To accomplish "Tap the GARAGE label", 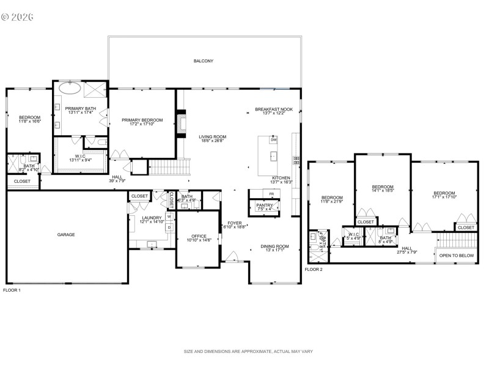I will click(x=66, y=234).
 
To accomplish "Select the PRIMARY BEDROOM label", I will click(x=142, y=120).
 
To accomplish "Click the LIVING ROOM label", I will click(x=212, y=137).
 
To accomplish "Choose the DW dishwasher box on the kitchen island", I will click(x=273, y=140).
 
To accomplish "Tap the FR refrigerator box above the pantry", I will click(x=271, y=194).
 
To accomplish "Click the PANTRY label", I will click(x=264, y=205).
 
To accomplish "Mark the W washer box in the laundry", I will click(x=169, y=216).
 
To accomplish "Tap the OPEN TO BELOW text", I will click(x=457, y=256).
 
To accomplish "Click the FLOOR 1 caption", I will click(x=12, y=290).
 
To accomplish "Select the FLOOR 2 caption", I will click(x=314, y=269).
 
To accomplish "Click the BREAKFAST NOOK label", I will click(x=274, y=109).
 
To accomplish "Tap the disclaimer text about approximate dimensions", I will click(x=248, y=352).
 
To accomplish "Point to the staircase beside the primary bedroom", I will click(x=163, y=165).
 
